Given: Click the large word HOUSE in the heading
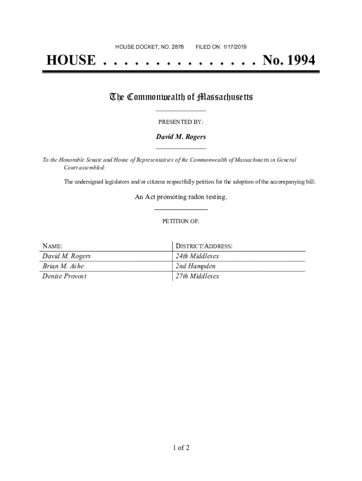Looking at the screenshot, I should point(71,61).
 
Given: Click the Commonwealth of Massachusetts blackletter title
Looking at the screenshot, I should point(181,97).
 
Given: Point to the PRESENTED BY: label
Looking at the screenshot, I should point(181,122).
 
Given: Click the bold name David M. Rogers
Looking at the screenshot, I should point(181,137).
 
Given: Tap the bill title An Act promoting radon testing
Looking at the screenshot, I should point(181,197).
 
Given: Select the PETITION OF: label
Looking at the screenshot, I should point(181,221).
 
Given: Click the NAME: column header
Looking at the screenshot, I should point(52,246).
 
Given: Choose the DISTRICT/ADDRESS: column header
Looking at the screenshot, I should point(204,246).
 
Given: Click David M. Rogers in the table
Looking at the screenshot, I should point(66,256).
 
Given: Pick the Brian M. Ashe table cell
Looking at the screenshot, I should point(63,266).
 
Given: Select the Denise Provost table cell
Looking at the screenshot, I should point(64,276).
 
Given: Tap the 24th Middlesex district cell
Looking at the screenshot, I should point(197,256).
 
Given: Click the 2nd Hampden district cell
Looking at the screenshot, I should point(196,266).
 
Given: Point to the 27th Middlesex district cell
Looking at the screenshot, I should point(197,276).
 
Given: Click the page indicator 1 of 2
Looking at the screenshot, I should point(181,448).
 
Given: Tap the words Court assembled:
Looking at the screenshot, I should point(85,167).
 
